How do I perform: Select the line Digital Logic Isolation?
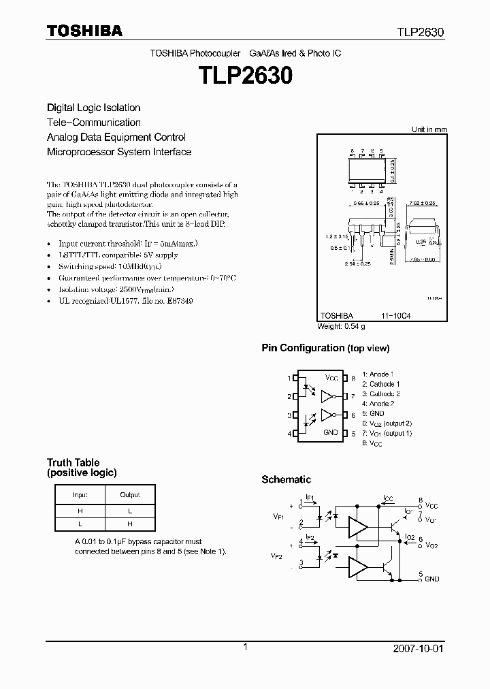(x=93, y=108)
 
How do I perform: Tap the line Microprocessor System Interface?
(x=118, y=152)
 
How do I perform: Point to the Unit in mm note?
(x=429, y=129)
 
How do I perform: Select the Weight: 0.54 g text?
(x=341, y=326)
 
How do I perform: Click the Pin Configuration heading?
(x=303, y=348)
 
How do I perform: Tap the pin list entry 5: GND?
(x=373, y=413)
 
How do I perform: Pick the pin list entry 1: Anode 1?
(x=378, y=374)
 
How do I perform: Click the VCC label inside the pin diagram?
(x=331, y=378)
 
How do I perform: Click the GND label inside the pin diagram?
(x=330, y=432)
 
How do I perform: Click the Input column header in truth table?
(x=80, y=494)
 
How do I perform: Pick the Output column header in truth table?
(x=130, y=494)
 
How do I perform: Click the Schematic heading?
(x=286, y=479)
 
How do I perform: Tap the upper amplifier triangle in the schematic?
(x=357, y=526)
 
